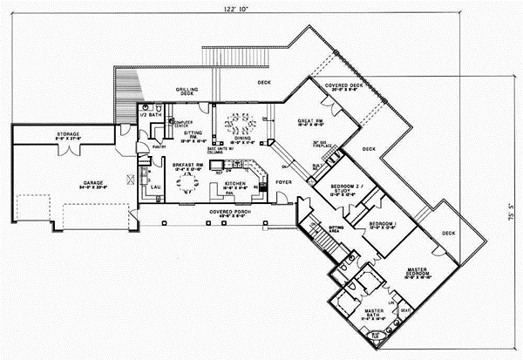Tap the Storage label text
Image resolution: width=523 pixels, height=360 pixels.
tap(70, 135)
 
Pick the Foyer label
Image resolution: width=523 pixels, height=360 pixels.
tap(283, 182)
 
